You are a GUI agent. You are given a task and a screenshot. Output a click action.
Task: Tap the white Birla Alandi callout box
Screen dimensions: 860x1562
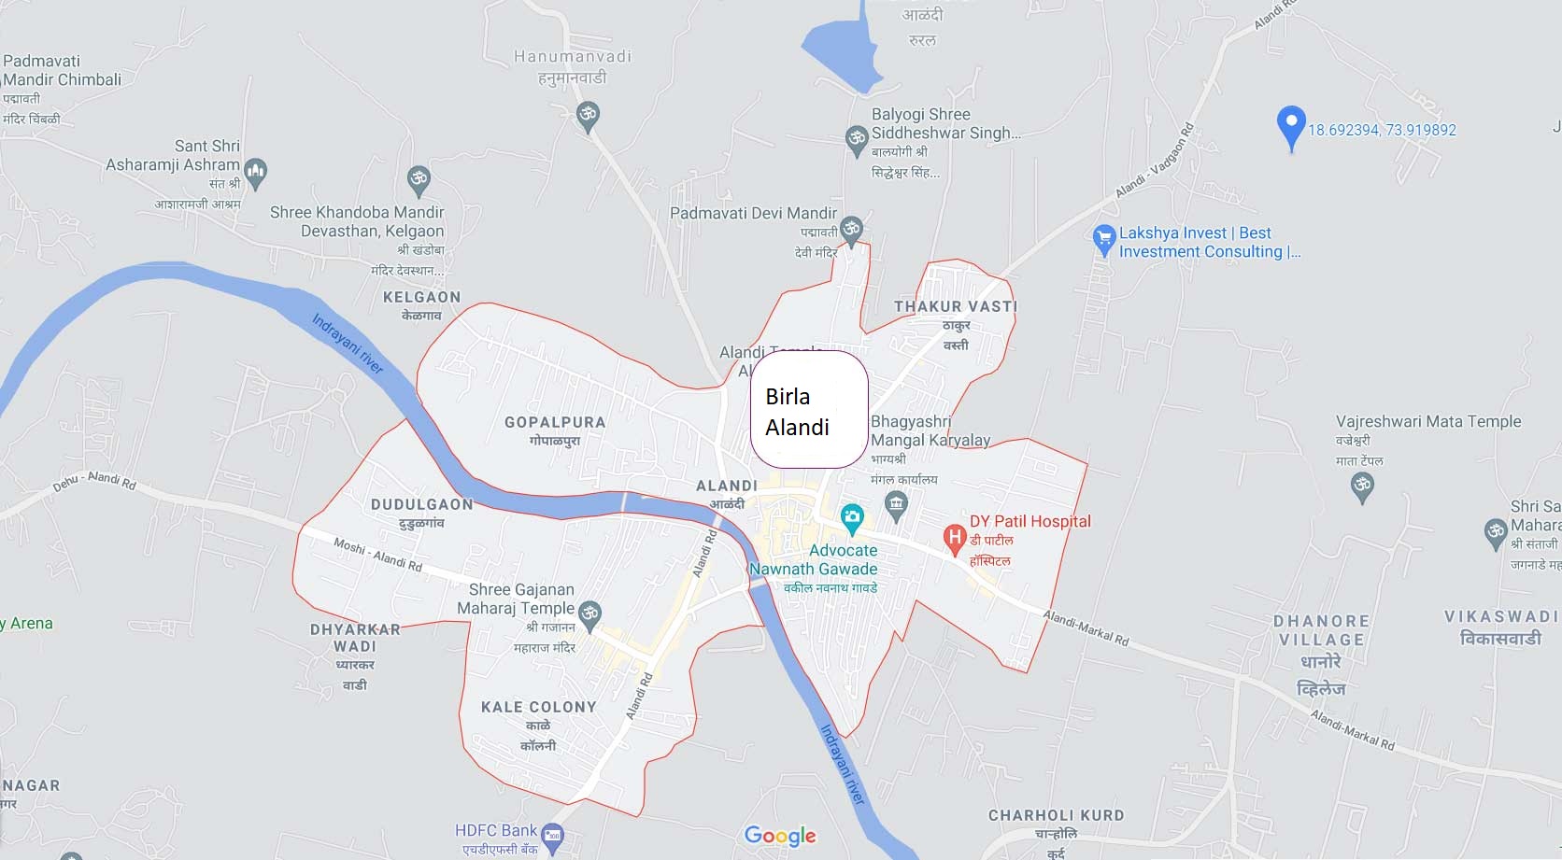tap(809, 410)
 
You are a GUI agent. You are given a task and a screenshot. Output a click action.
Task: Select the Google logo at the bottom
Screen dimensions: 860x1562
tap(780, 836)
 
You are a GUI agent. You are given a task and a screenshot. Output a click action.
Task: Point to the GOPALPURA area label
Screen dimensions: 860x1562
tap(555, 423)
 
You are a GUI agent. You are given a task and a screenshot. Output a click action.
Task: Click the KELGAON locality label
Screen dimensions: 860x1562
tap(421, 298)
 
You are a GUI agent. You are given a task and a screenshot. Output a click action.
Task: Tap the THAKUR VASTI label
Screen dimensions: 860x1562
tap(955, 307)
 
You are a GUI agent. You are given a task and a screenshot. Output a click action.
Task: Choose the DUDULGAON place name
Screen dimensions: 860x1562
tap(422, 505)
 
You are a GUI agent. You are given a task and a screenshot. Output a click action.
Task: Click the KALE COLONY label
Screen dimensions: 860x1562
tap(538, 708)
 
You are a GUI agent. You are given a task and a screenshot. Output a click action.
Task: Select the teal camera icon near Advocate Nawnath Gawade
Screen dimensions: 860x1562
tap(851, 515)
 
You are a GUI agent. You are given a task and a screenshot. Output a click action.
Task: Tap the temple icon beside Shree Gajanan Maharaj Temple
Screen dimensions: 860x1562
tap(589, 613)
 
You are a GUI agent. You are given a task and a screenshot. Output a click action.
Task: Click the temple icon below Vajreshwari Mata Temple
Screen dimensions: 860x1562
tap(1363, 485)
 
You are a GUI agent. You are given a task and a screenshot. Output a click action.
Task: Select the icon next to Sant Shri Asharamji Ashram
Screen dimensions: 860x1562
tap(256, 170)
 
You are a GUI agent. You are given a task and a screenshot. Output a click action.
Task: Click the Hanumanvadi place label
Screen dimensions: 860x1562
tap(573, 57)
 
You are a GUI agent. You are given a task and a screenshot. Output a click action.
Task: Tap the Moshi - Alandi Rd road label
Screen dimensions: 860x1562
tap(378, 555)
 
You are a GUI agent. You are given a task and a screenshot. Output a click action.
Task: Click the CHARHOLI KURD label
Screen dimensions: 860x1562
tap(1056, 815)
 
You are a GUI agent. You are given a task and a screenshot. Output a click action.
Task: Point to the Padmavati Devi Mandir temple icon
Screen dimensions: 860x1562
tap(851, 228)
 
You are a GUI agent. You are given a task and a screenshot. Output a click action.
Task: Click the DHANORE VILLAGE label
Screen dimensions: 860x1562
tap(1321, 630)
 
